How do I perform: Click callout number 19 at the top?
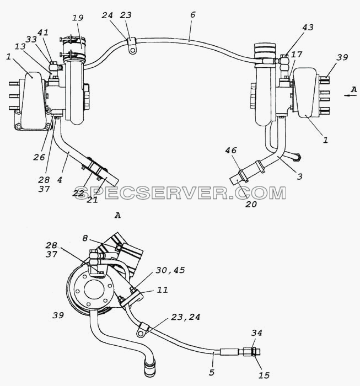(x=78, y=18)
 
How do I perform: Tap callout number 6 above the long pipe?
(x=192, y=15)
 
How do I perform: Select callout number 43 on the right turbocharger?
(x=308, y=27)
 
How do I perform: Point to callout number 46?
(x=231, y=150)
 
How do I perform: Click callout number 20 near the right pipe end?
(x=251, y=204)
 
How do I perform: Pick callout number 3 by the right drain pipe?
(x=299, y=176)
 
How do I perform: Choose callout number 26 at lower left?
(x=39, y=157)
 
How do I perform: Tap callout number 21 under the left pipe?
(x=92, y=200)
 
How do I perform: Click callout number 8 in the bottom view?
(x=85, y=238)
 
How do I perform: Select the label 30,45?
(x=170, y=270)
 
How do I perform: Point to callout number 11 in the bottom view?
(x=163, y=289)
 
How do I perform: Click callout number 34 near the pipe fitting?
(x=257, y=333)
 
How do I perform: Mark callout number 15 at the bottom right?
(x=264, y=375)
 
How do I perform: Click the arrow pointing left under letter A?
(x=351, y=95)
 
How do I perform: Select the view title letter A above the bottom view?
(x=118, y=216)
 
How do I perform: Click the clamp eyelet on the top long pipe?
(x=132, y=50)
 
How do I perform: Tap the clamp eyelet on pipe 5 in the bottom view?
(x=141, y=334)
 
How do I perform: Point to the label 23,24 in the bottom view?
(x=186, y=317)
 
